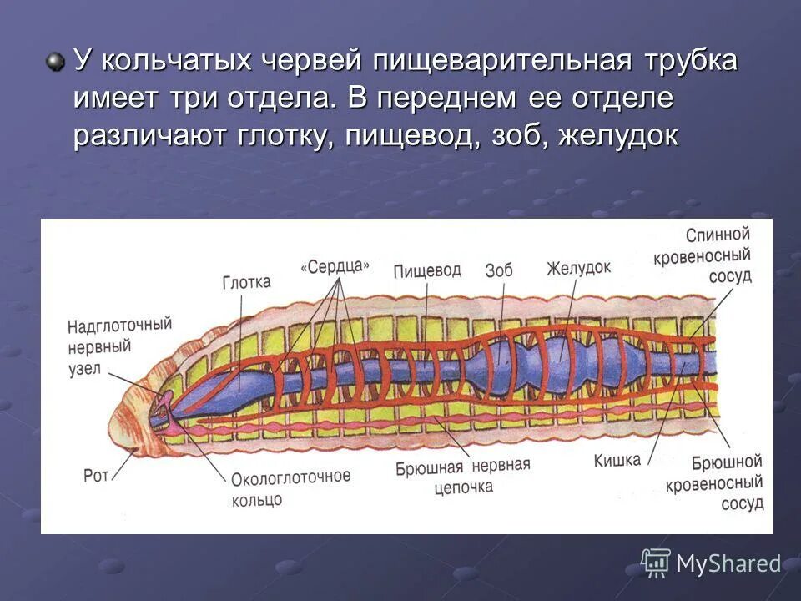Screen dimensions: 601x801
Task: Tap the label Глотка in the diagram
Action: point(246,282)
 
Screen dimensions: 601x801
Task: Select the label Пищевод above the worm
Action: point(426,270)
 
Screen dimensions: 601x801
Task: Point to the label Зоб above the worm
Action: point(498,270)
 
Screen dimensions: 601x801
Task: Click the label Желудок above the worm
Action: point(578,269)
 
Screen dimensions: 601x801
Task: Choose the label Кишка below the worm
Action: point(617,460)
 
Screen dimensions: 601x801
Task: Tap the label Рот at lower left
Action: point(96,477)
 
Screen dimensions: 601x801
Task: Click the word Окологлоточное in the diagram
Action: point(290,478)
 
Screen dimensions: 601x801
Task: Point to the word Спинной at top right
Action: point(718,235)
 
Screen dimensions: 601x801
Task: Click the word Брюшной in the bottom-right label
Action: point(727,462)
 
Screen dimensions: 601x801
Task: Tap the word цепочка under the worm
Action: point(463,487)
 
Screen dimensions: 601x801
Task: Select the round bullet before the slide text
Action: point(56,62)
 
